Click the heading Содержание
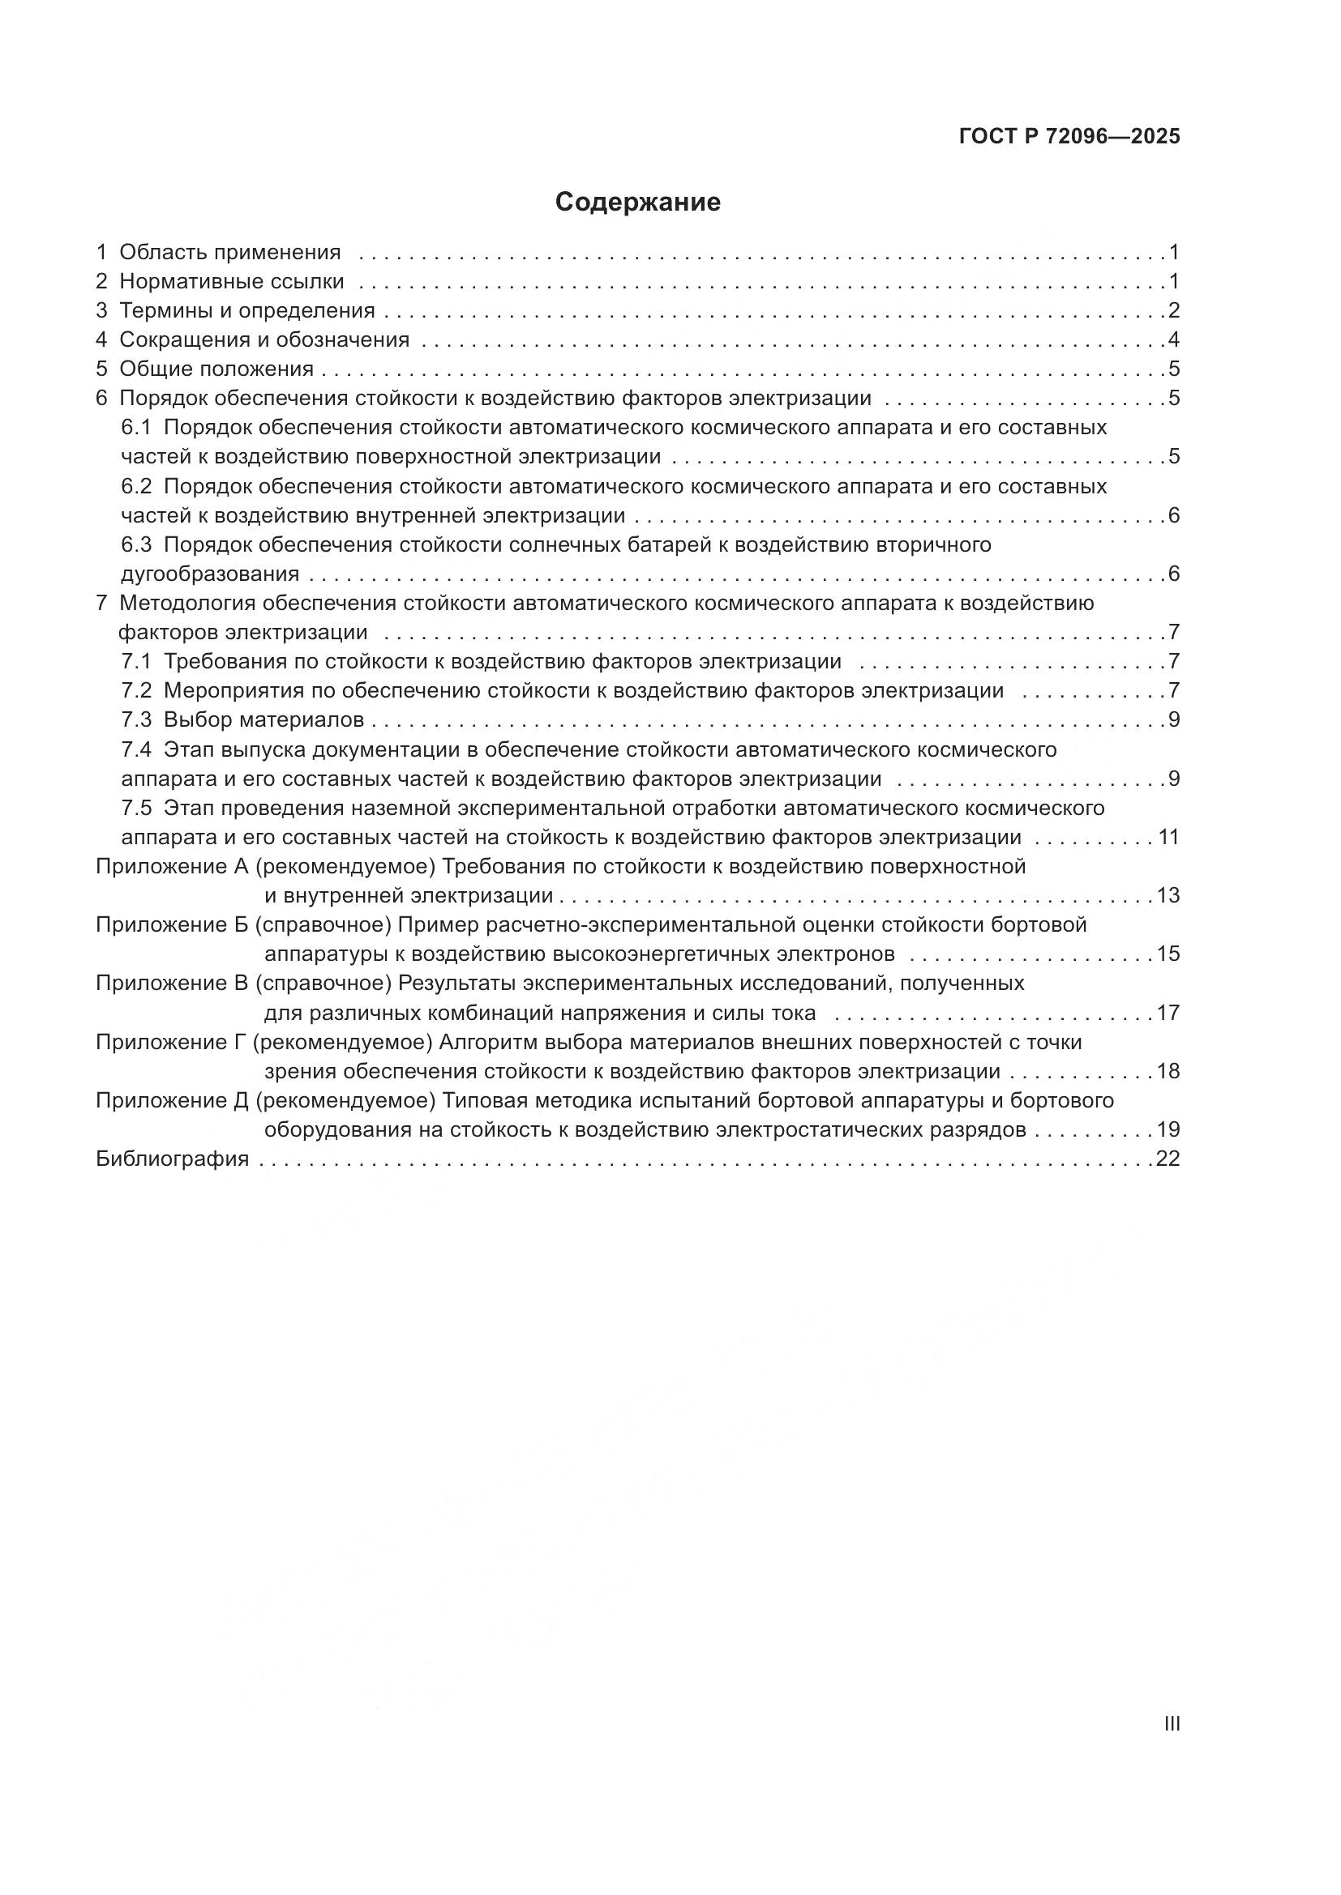(x=637, y=203)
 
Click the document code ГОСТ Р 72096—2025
(x=1069, y=136)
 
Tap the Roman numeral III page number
(x=1171, y=1723)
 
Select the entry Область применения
(x=229, y=252)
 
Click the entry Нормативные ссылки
(x=231, y=281)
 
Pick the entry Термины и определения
(x=247, y=311)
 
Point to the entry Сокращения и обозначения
(x=264, y=340)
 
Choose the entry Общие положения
(x=216, y=369)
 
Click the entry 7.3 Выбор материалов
(x=242, y=719)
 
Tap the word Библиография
(x=173, y=1159)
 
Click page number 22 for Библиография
(x=1167, y=1159)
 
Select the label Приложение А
(x=172, y=867)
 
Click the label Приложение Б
(x=172, y=925)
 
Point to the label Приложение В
(x=172, y=984)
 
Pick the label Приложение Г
(x=171, y=1043)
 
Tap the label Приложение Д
(x=173, y=1101)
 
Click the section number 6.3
(x=136, y=544)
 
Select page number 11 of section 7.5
(x=1168, y=838)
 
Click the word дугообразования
(x=210, y=574)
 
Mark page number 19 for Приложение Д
(x=1168, y=1130)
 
